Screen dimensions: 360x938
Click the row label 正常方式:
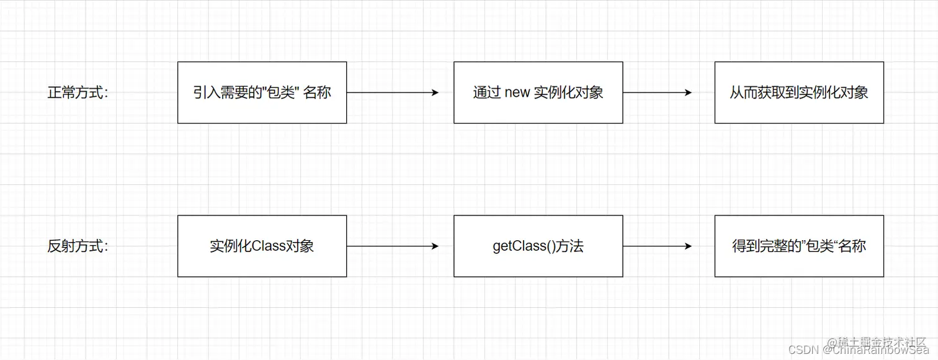[78, 92]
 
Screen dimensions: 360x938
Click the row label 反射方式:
[78, 246]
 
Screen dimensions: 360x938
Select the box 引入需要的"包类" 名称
[262, 92]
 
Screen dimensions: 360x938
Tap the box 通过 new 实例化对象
[538, 92]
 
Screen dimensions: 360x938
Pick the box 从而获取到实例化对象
[799, 92]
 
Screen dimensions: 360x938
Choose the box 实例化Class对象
[262, 246]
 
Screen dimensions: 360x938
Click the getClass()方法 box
[538, 246]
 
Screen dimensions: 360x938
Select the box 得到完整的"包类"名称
[799, 246]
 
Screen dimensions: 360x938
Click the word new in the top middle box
[517, 93]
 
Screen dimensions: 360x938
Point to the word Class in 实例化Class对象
[269, 246]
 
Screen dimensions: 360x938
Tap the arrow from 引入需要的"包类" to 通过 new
[392, 92]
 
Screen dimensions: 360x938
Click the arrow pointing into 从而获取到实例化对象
[657, 92]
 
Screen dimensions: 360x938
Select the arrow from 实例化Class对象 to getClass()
[392, 246]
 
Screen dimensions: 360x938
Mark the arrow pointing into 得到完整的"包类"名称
[657, 246]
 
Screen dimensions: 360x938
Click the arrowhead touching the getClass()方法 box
[435, 246]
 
